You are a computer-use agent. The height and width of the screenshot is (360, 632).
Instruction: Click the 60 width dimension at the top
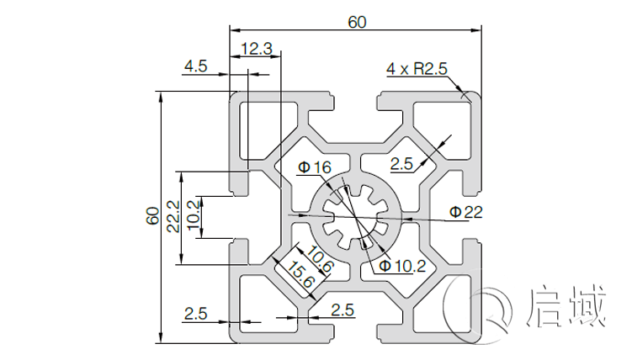(357, 23)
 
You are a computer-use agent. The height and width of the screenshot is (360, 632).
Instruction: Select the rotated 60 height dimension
(152, 216)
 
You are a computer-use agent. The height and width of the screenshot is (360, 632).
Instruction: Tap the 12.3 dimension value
(256, 49)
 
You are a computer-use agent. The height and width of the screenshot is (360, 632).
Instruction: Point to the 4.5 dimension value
(196, 66)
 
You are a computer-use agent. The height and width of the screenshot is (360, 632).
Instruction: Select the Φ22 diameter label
(465, 212)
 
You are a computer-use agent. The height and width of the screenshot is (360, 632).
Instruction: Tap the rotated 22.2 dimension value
(173, 217)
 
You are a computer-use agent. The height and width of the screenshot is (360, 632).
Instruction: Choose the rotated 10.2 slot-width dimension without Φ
(193, 216)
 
